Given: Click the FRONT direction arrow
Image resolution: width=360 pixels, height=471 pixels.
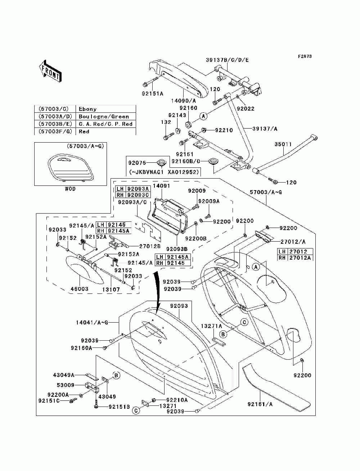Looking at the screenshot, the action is pyautogui.click(x=50, y=71).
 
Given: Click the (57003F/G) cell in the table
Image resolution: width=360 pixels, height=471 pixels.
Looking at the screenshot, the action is pyautogui.click(x=55, y=131).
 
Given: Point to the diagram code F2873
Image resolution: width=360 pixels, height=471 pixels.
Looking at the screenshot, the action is pyautogui.click(x=305, y=56).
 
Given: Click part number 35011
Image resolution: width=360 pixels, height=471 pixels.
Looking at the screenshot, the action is pyautogui.click(x=283, y=144).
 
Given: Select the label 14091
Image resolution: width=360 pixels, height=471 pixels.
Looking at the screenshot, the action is pyautogui.click(x=161, y=186).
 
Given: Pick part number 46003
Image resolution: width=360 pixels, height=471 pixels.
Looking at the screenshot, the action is pyautogui.click(x=80, y=289).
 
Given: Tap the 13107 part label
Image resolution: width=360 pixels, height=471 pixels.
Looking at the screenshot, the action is pyautogui.click(x=111, y=290).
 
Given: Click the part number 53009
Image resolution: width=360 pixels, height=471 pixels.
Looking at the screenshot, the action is pyautogui.click(x=66, y=385).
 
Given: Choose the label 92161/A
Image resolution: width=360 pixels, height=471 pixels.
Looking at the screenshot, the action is pyautogui.click(x=260, y=404).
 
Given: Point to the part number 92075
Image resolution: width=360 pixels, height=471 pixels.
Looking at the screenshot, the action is pyautogui.click(x=137, y=163).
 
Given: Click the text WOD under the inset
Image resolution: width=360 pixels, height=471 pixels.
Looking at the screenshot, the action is pyautogui.click(x=70, y=189).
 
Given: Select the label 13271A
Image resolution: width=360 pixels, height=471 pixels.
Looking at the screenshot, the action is pyautogui.click(x=211, y=326).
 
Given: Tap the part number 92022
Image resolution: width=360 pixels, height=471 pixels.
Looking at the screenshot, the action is pyautogui.click(x=246, y=109).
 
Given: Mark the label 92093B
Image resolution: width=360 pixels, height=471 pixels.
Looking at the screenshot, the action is pyautogui.click(x=177, y=249).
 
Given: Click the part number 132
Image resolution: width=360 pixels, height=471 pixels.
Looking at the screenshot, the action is pyautogui.click(x=166, y=122).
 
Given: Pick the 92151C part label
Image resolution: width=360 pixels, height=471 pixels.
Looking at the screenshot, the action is pyautogui.click(x=49, y=401).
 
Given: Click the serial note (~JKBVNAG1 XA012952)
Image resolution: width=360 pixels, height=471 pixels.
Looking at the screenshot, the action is pyautogui.click(x=164, y=172).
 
